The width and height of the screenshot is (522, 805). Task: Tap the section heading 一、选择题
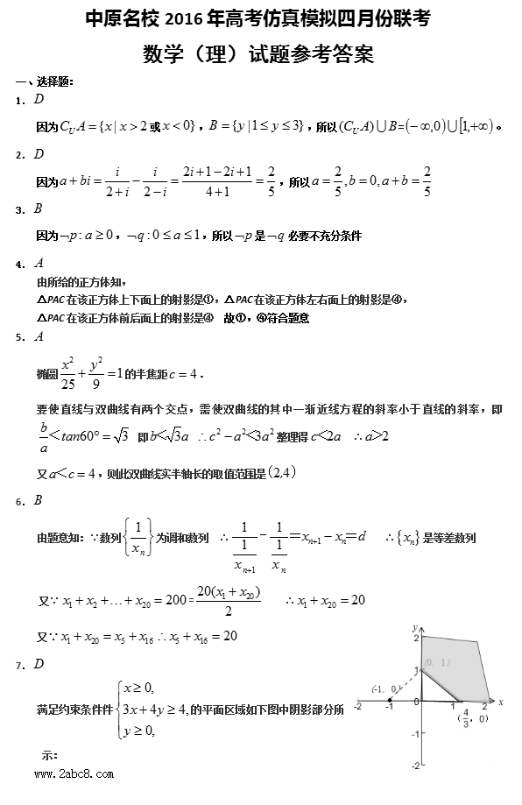point(45,81)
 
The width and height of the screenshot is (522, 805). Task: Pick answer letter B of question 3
point(39,209)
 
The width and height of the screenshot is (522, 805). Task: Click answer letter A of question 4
point(39,264)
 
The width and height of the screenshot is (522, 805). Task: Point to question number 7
point(19,666)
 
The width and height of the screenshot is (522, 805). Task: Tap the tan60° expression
point(83,434)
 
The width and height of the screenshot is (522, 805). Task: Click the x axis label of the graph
point(500,701)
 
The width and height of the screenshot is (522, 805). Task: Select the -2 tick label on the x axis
point(357,706)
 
